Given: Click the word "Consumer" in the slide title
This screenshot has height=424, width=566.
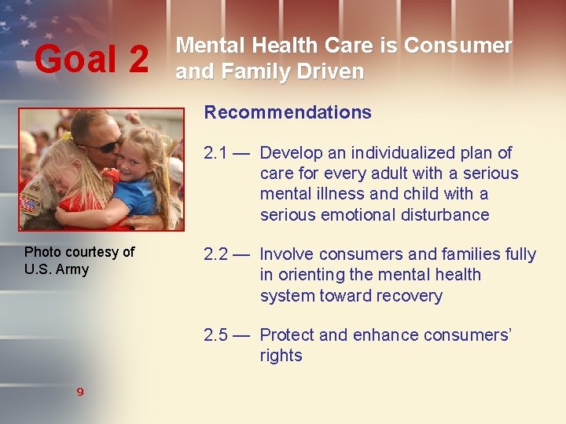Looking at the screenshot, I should pyautogui.click(x=458, y=46).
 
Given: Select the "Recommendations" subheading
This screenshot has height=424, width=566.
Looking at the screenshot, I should pyautogui.click(x=288, y=112).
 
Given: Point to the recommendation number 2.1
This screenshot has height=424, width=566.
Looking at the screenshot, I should pyautogui.click(x=217, y=153).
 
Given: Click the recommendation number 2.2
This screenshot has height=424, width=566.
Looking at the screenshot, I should pyautogui.click(x=217, y=254).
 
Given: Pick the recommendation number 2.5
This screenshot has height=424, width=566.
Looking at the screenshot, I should pyautogui.click(x=217, y=335).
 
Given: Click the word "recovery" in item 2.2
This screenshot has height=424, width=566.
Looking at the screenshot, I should pyautogui.click(x=405, y=296).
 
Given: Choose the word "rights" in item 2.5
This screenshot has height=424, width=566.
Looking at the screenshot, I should pyautogui.click(x=281, y=356).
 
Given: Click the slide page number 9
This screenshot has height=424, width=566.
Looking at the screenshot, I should pyautogui.click(x=79, y=391).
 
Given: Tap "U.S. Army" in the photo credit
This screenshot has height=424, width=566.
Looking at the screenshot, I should pyautogui.click(x=57, y=269).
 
